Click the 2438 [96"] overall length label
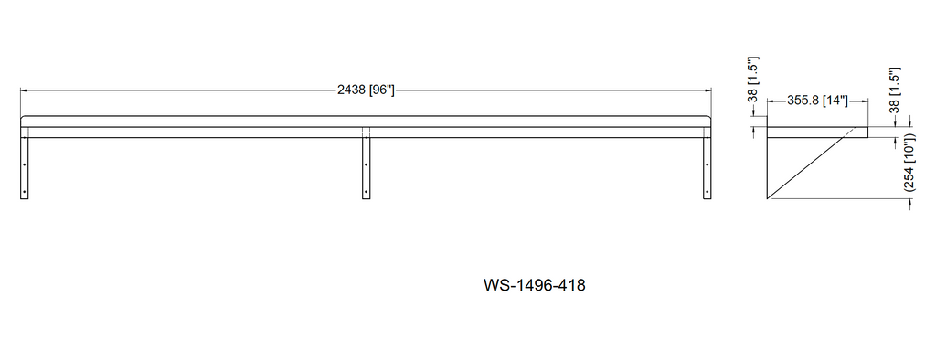coord(366,90)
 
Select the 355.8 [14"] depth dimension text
coord(817,101)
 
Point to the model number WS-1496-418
coord(534,285)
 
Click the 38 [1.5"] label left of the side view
coord(753,79)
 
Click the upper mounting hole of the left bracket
coord(25,164)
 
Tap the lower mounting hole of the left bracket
coord(25,192)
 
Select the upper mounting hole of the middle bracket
coord(366,164)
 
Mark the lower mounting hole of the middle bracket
coord(366,192)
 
